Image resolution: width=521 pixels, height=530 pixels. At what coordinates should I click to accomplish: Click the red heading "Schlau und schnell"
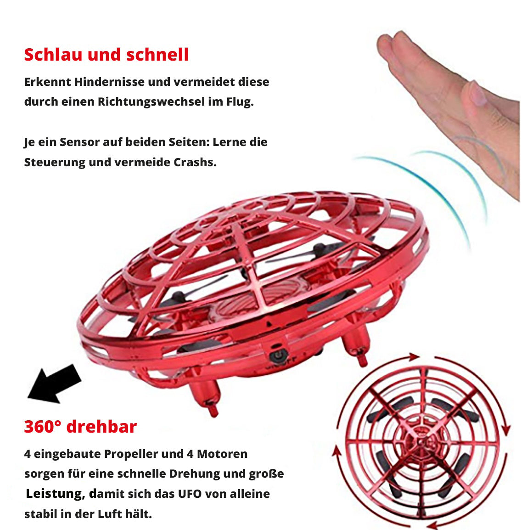[x=106, y=54]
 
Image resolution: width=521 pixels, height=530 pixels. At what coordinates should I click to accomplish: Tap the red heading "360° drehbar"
[x=80, y=427]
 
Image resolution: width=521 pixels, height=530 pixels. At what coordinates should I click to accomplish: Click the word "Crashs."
[x=195, y=162]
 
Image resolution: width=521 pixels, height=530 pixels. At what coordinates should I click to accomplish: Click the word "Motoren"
[x=222, y=454]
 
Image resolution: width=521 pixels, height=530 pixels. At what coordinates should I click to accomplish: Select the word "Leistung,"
[x=55, y=494]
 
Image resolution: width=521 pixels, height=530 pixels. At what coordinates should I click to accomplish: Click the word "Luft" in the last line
[x=110, y=514]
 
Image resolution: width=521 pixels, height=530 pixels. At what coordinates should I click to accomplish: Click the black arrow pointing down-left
[x=54, y=384]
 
